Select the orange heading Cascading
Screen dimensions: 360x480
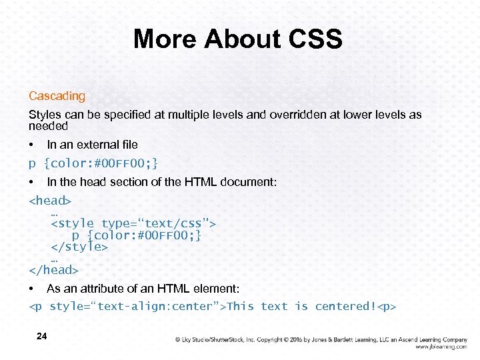pyautogui.click(x=57, y=96)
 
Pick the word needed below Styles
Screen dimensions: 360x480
pyautogui.click(x=48, y=125)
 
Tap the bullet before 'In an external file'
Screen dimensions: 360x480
pyautogui.click(x=31, y=145)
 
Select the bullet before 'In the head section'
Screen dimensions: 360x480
pyautogui.click(x=31, y=182)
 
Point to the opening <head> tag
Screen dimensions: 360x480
pyautogui.click(x=50, y=201)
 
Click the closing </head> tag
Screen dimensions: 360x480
pyautogui.click(x=53, y=270)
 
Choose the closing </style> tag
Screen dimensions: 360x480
pyautogui.click(x=79, y=247)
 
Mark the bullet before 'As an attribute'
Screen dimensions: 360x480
pyautogui.click(x=31, y=289)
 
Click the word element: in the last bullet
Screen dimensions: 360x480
pyautogui.click(x=217, y=289)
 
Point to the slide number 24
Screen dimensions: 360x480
pyautogui.click(x=41, y=336)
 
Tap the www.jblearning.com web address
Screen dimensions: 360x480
pyautogui.click(x=441, y=347)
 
